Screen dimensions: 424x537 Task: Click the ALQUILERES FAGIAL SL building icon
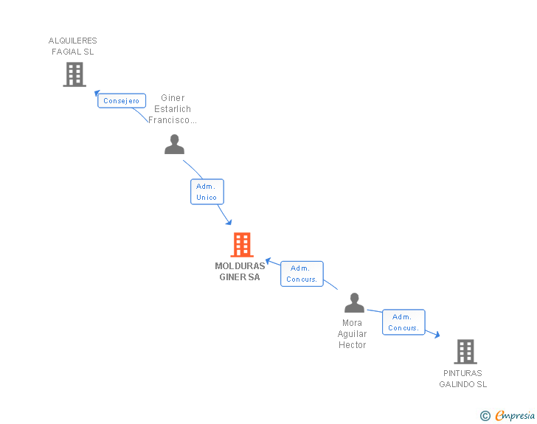click(75, 74)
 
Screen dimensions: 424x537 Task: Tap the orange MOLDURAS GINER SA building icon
click(242, 245)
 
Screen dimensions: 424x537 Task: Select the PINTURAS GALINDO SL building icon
click(465, 352)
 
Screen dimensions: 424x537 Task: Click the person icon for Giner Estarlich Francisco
click(174, 145)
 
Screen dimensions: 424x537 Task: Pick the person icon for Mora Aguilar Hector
click(355, 303)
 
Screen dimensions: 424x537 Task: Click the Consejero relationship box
click(122, 100)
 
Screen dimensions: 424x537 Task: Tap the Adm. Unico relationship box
click(207, 192)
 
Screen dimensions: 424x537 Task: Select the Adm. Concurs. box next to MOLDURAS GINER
click(302, 274)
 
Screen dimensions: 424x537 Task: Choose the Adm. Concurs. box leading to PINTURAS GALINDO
click(403, 322)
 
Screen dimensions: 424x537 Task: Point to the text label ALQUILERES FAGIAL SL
click(73, 46)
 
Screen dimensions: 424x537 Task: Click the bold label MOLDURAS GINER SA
click(240, 271)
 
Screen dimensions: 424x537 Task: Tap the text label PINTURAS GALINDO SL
click(463, 378)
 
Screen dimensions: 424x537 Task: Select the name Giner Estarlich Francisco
click(173, 108)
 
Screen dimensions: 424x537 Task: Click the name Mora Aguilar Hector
click(353, 334)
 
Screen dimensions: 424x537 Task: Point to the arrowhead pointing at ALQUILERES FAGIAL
click(97, 92)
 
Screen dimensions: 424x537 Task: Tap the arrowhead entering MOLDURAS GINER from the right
click(269, 260)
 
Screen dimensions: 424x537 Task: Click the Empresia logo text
click(515, 416)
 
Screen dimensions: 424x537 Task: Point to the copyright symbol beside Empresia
click(485, 416)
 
